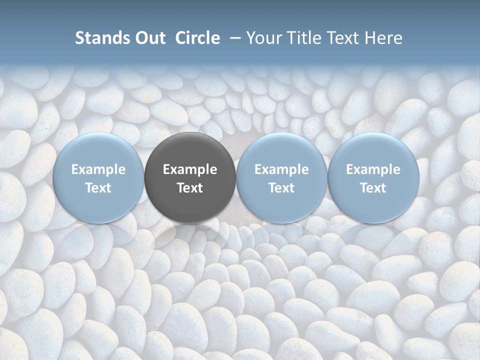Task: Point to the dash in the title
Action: (x=233, y=38)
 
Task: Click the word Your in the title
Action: (x=261, y=38)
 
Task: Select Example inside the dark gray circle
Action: (x=190, y=169)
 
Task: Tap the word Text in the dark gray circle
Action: (x=190, y=188)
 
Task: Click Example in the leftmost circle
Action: (x=98, y=169)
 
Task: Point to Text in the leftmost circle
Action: (x=98, y=188)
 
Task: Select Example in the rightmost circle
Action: (x=373, y=169)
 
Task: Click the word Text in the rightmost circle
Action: (x=373, y=188)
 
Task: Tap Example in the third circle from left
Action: (x=281, y=169)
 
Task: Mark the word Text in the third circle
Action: (x=281, y=188)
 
